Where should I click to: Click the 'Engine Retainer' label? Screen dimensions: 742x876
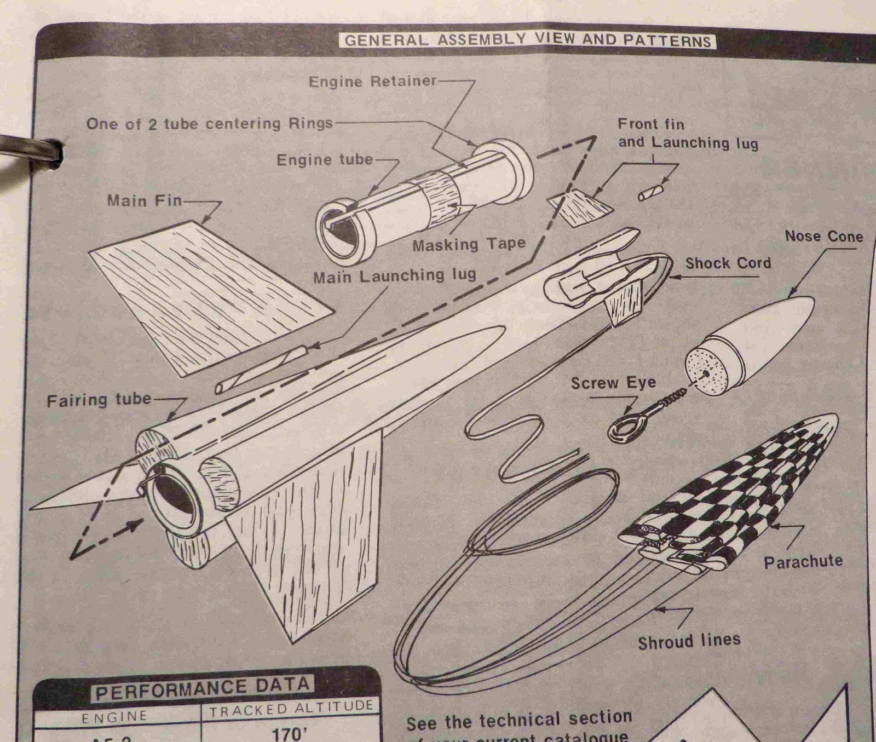pyautogui.click(x=372, y=82)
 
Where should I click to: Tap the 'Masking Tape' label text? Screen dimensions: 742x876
pyautogui.click(x=469, y=244)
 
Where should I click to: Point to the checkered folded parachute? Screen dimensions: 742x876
pyautogui.click(x=734, y=493)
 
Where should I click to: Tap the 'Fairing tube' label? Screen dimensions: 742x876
pyautogui.click(x=99, y=400)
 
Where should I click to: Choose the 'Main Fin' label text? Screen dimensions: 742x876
pyautogui.click(x=145, y=200)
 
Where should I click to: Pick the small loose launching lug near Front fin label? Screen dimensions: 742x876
pyautogui.click(x=651, y=193)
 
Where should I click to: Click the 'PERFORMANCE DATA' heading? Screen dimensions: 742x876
pyautogui.click(x=203, y=689)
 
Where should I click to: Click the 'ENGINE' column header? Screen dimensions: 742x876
pyautogui.click(x=114, y=717)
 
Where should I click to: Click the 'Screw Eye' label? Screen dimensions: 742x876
pyautogui.click(x=613, y=383)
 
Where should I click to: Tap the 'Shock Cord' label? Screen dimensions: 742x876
pyautogui.click(x=728, y=263)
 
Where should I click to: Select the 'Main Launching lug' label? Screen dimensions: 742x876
pyautogui.click(x=394, y=276)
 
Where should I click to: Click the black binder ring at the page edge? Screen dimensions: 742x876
pyautogui.click(x=33, y=149)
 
